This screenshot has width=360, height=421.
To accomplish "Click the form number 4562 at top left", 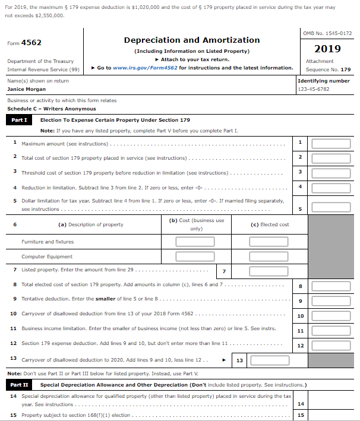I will click(x=31, y=43).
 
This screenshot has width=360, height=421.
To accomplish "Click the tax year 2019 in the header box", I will click(x=327, y=49).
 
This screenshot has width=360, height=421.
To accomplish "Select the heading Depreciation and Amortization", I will click(x=191, y=40).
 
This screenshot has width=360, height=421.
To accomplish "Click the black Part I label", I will click(x=20, y=120).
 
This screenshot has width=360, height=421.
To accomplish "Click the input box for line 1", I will click(x=331, y=143).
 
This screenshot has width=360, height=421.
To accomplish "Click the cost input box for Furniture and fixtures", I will click(x=195, y=242).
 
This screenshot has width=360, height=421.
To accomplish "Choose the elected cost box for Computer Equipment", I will click(x=269, y=257).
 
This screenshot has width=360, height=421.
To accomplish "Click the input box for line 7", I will click(x=269, y=271).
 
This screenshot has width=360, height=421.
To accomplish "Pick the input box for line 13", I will click(x=269, y=360).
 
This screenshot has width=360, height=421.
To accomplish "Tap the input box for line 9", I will click(x=331, y=300).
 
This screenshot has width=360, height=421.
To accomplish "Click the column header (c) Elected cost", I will click(x=270, y=224).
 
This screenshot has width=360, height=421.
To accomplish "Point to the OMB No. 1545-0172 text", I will click(x=327, y=33).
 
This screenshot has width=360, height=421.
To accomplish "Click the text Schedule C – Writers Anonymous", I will click(x=52, y=109).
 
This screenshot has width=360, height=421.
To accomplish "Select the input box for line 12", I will click(x=331, y=345).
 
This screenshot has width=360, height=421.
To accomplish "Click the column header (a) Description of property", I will click(x=91, y=224).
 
